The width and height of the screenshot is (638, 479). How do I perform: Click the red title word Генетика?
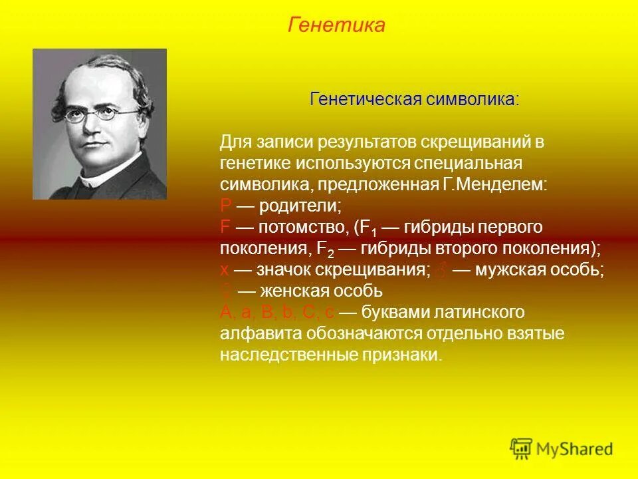tap(337, 25)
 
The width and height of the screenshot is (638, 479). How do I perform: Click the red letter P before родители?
tap(225, 205)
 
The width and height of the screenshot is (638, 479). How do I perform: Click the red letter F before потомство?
tap(225, 227)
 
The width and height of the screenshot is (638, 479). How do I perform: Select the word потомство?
tap(299, 227)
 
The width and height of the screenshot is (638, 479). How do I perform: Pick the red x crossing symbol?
tap(225, 271)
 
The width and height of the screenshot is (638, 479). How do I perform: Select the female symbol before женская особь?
tap(226, 291)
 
